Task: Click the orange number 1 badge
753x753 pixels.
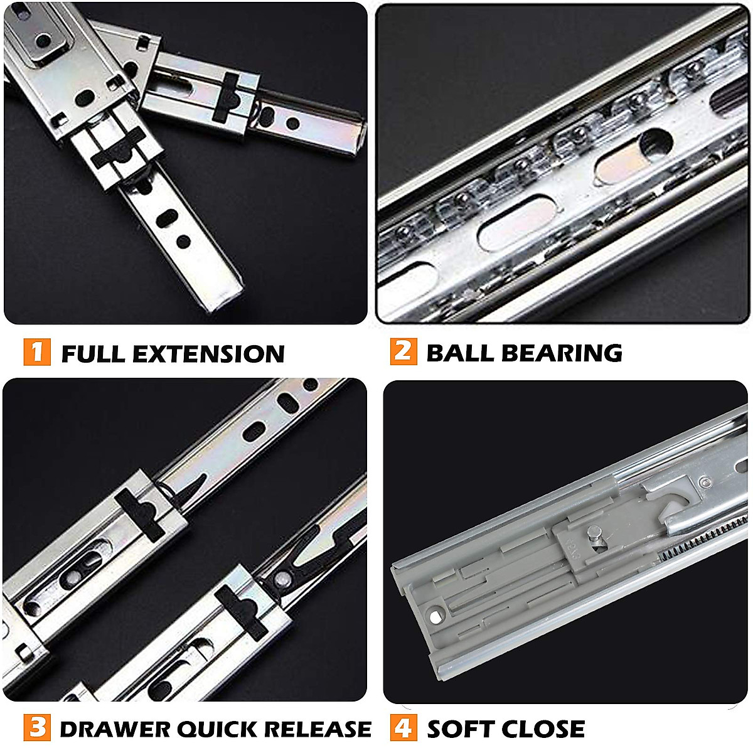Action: (37, 351)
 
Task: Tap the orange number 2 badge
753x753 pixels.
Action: (403, 351)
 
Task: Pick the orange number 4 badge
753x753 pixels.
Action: (403, 728)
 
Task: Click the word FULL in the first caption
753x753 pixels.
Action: (93, 354)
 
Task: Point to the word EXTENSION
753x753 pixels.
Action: (211, 354)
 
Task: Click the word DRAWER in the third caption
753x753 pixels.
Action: (114, 729)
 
